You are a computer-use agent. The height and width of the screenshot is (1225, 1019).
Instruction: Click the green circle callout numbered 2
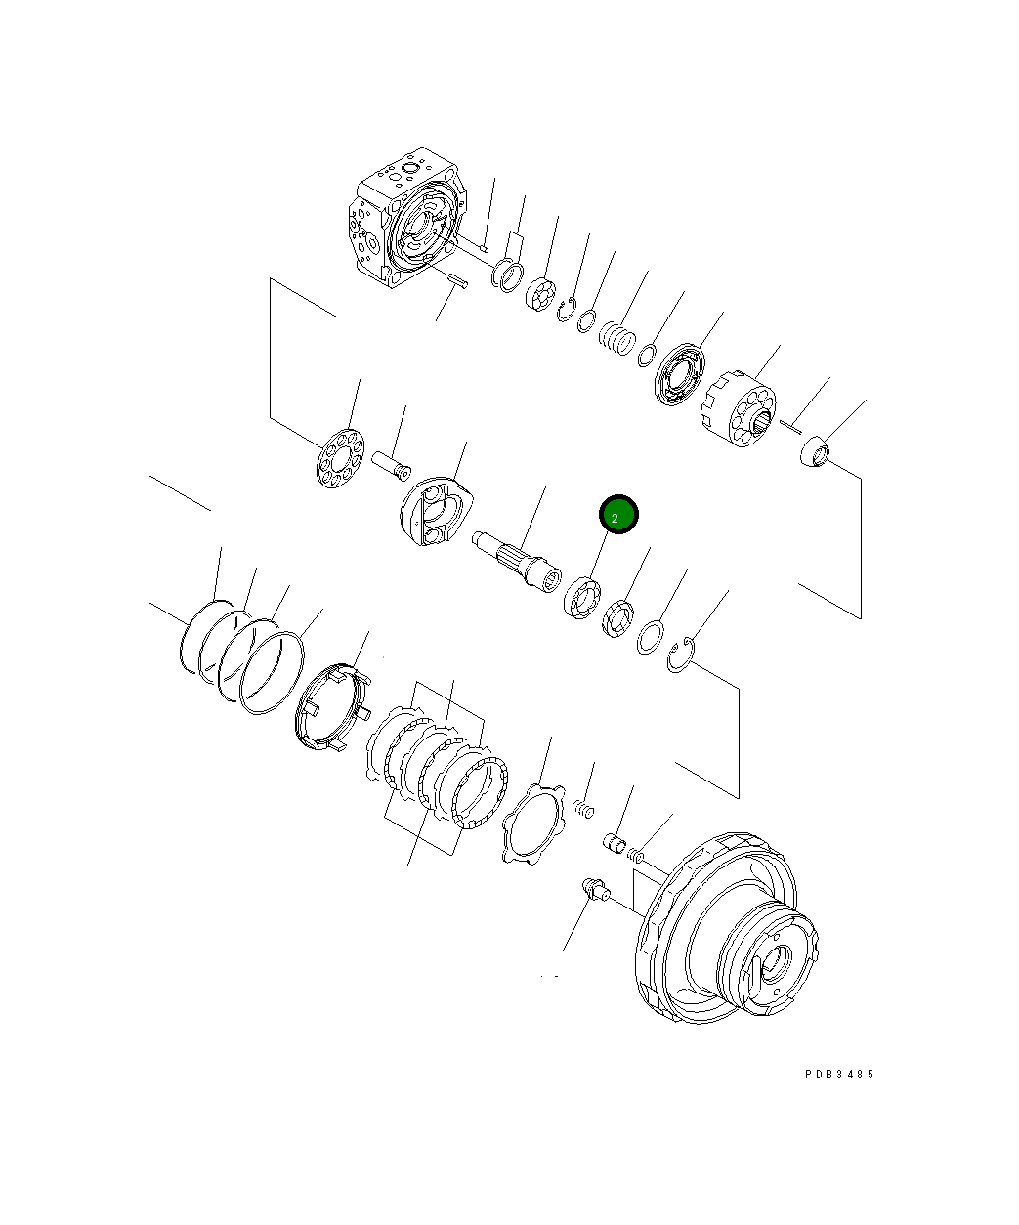(x=618, y=515)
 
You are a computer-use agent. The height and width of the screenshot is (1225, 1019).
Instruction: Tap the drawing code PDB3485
(x=839, y=1075)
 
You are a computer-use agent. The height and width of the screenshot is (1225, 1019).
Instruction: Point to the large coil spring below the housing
(x=617, y=339)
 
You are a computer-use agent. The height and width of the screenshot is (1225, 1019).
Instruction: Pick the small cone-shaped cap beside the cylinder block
(x=814, y=454)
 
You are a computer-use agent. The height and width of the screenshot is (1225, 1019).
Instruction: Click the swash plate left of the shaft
(x=438, y=510)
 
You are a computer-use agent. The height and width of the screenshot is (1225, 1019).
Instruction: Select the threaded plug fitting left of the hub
(x=592, y=889)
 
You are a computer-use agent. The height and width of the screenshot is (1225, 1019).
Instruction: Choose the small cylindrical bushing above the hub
(x=616, y=841)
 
